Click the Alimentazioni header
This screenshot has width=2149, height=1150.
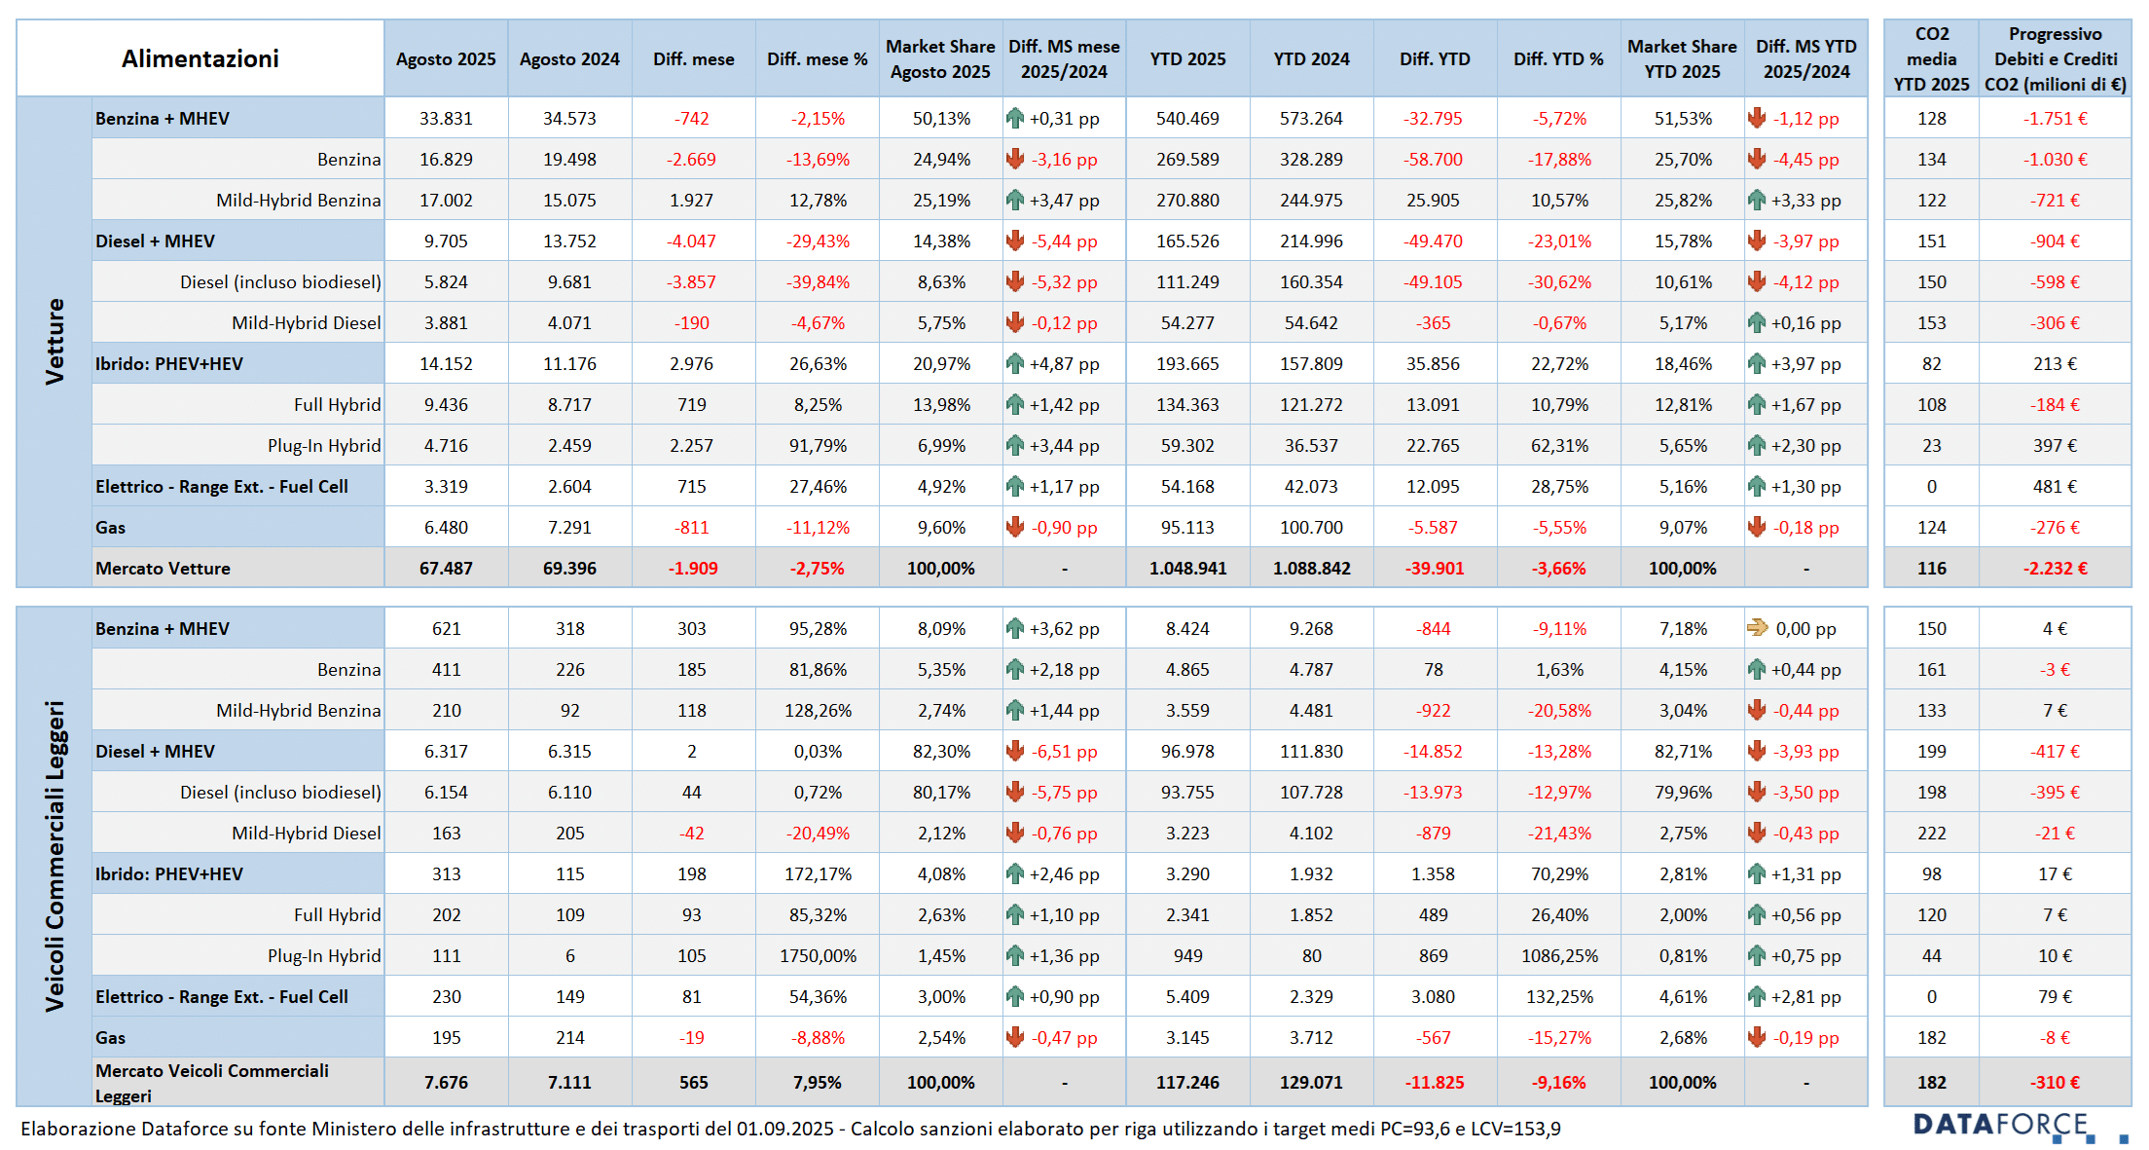200,58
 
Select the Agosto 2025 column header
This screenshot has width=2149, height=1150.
446,59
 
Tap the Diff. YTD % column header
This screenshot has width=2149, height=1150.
1558,59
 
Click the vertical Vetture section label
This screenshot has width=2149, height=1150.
55,341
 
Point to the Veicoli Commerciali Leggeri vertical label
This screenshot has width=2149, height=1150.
55,855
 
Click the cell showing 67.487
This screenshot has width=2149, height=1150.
446,568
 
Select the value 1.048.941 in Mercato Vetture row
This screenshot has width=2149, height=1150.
1187,568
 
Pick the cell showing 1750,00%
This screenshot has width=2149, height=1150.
818,955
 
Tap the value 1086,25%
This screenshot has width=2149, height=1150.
1559,955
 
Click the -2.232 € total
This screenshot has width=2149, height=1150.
2055,568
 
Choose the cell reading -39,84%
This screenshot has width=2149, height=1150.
818,281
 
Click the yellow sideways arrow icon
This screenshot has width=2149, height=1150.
1757,628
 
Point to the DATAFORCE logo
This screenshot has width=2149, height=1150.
2000,1126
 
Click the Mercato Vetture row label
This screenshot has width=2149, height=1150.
163,568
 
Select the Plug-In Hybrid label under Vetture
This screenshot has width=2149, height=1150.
324,445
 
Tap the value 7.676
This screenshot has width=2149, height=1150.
446,1082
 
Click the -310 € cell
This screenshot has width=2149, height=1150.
2055,1082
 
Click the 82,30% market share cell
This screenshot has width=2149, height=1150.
941,751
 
